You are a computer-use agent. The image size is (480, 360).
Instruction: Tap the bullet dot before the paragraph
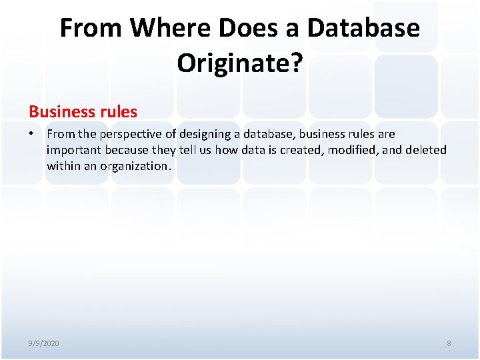click(31, 134)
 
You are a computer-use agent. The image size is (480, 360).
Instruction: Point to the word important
click(73, 150)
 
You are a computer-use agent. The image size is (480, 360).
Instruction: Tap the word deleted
click(426, 150)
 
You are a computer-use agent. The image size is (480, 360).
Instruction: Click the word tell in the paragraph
click(189, 150)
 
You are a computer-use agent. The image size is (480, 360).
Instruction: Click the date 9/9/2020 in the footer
click(43, 343)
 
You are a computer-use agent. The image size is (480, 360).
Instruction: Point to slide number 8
click(449, 343)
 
